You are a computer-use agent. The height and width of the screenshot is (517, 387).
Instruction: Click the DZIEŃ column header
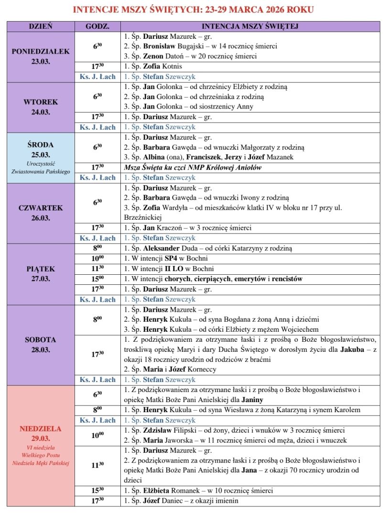pos(41,26)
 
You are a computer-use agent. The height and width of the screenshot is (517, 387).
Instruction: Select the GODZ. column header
pos(97,26)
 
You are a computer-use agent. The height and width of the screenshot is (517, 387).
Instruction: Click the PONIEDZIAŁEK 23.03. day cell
pos(41,56)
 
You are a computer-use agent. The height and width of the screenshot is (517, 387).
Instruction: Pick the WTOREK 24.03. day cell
pos(41,107)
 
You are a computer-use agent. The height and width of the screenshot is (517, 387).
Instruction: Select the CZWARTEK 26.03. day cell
pos(41,213)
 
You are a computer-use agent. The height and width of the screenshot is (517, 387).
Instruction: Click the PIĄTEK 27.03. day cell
pos(41,274)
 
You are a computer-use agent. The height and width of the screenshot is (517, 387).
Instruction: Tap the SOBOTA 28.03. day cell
pos(41,344)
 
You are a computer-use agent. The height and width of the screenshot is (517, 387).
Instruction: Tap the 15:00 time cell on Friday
pos(97,279)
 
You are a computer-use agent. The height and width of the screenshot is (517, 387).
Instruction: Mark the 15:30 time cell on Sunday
pos(97,491)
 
